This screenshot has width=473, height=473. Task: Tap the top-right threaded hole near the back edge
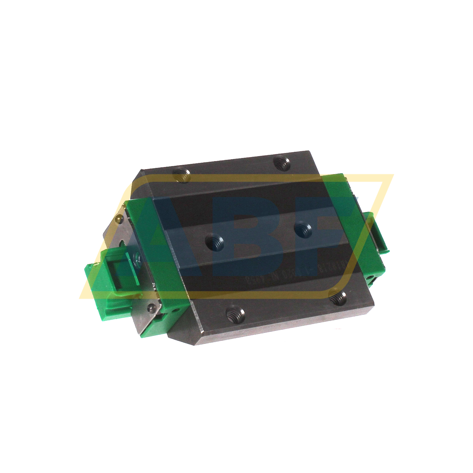[282, 163]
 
